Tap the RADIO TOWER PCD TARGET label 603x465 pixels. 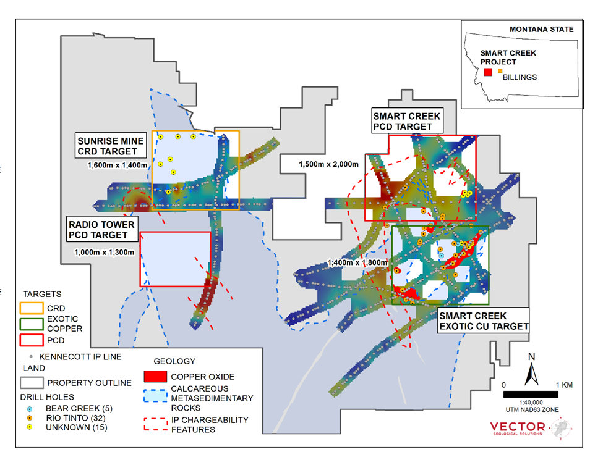tap(102, 230)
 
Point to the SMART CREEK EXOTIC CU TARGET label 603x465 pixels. tap(482, 320)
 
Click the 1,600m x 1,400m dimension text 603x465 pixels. tap(118, 165)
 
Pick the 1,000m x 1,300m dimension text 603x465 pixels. tap(103, 252)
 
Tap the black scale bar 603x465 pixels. tap(529, 393)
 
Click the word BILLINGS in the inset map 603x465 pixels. tap(520, 77)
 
